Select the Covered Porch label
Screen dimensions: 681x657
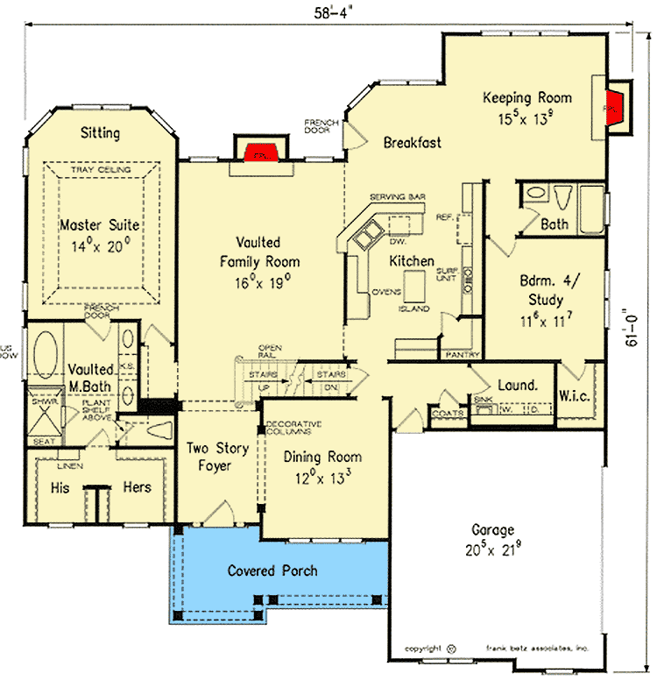(272, 571)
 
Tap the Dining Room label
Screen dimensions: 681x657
(322, 457)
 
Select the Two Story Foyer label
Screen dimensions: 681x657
(218, 457)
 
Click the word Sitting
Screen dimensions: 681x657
(100, 133)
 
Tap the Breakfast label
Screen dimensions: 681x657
(412, 142)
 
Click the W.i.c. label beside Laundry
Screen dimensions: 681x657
(576, 395)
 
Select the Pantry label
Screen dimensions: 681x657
(459, 355)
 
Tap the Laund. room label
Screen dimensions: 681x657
(517, 386)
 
